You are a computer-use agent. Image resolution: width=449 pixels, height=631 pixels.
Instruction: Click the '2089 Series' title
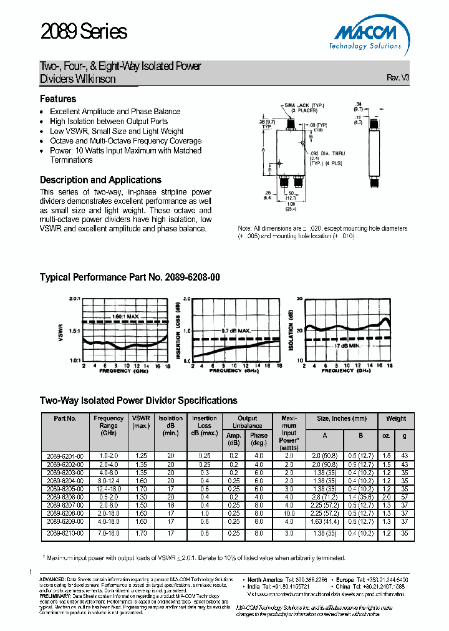tap(84, 32)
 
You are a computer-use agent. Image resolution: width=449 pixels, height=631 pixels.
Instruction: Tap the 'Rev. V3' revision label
tap(398, 78)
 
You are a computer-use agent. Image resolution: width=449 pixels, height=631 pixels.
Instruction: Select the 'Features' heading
tap(58, 99)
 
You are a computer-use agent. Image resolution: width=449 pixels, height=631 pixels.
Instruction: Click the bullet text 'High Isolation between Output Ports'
tap(109, 122)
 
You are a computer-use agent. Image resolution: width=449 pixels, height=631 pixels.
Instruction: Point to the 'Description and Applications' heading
tap(100, 180)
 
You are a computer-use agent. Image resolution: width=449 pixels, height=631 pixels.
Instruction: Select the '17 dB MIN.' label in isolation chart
tap(348, 345)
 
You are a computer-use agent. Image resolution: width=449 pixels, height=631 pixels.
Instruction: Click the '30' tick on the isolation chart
tap(299, 299)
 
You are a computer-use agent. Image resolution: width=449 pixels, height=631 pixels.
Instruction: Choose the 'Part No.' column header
tap(65, 419)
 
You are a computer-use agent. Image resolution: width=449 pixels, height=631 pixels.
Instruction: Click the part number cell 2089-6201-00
tap(65, 456)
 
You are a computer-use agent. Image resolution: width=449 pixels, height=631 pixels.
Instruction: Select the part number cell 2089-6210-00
tap(65, 534)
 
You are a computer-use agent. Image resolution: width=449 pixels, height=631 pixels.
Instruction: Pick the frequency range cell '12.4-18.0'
tap(109, 489)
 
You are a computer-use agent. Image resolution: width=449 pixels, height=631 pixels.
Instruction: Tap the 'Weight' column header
tap(395, 419)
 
